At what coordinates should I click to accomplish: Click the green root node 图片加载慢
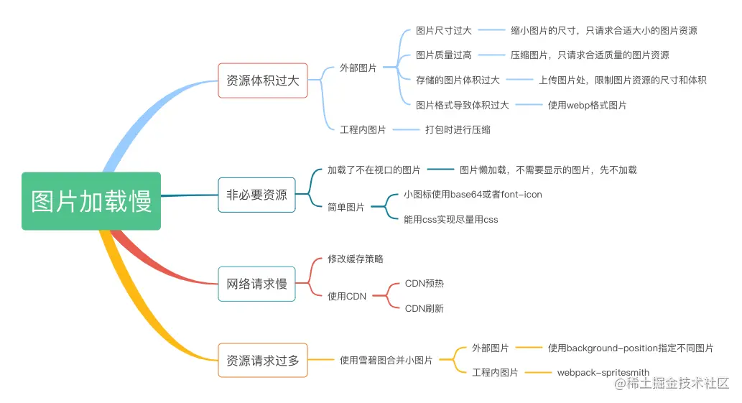point(91,201)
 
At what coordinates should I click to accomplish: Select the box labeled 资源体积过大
point(262,80)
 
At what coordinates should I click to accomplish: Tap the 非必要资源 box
point(256,195)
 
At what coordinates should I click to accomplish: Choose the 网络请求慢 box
point(256,284)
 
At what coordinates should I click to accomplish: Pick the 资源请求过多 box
point(262,361)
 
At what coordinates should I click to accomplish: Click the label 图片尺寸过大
point(443,31)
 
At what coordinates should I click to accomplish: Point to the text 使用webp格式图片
point(587,106)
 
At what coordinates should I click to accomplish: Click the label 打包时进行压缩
point(458,130)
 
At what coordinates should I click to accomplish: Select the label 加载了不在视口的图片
point(374,170)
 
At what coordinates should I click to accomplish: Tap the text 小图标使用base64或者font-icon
point(473,195)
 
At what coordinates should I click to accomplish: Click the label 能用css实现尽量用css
point(450,219)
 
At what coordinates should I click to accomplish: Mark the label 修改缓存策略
point(351,259)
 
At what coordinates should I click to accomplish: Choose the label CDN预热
point(425,284)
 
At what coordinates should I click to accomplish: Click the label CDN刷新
point(425,308)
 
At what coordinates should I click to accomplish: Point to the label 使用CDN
point(347,296)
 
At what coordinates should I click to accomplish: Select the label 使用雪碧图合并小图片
point(386,361)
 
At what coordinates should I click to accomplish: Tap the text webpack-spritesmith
point(603,373)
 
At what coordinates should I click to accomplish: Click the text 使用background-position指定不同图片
point(630,348)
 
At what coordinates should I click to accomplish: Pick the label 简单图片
point(346,207)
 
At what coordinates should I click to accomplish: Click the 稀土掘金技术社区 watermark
point(670,384)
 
